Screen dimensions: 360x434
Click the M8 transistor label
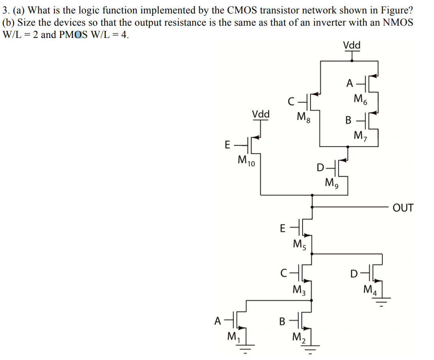pos(304,117)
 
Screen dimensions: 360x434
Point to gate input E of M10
pos(227,144)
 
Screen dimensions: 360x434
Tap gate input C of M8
pos(291,103)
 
